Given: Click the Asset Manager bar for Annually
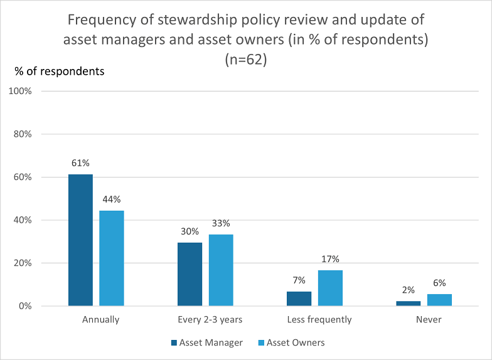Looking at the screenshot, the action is pos(80,240).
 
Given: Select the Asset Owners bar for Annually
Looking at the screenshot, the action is pos(112,258).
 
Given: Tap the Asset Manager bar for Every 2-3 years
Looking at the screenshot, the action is pos(190,274).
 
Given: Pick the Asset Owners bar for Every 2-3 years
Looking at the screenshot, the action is pos(221,270).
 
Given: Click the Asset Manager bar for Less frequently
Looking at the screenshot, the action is pos(299,299).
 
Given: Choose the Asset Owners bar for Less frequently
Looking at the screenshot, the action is pos(330,288).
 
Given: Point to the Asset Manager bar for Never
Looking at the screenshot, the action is pos(408,304).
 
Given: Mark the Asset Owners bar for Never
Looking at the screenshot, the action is pos(439,300).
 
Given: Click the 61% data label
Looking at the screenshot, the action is pos(80,163).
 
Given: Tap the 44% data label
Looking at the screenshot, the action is pos(112,199).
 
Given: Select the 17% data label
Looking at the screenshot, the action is pos(330,259).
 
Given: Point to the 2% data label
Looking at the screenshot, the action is pos(408,290).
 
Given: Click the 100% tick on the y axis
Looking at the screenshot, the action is pos(20,92).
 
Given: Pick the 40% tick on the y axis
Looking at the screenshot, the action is pos(23,220).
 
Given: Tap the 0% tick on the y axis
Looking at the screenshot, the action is pos(25,306).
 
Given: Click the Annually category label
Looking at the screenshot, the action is pos(100,320).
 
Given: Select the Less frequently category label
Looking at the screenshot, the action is pos(319,320).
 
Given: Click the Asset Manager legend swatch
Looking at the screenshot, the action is pos(174,342).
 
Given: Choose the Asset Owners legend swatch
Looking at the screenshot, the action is pos(261,342).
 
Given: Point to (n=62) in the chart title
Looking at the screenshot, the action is pos(246,59).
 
